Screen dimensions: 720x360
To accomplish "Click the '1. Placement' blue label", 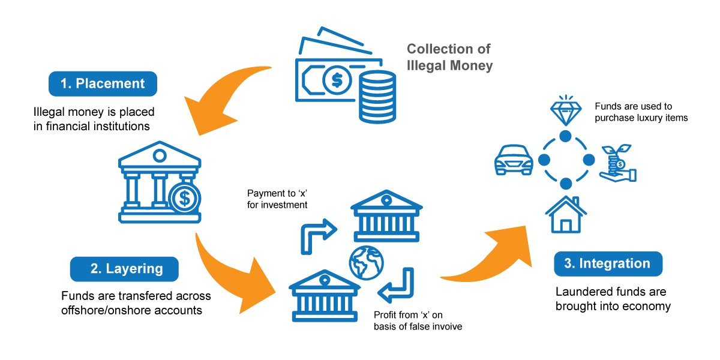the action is tap(103, 83).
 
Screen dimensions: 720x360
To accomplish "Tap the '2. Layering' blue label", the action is tap(124, 269).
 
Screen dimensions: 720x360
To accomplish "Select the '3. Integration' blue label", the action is tap(608, 264).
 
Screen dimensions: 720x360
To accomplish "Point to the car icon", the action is tap(514, 160).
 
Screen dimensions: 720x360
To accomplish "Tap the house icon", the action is tap(566, 214).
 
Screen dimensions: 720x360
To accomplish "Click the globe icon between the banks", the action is tap(367, 263).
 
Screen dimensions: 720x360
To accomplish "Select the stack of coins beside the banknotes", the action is tap(377, 97).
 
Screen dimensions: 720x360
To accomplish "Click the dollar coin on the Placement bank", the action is tap(185, 199).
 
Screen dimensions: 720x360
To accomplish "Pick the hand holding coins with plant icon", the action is tap(618, 163).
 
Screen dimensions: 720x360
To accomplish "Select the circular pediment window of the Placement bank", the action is tap(160, 156).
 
